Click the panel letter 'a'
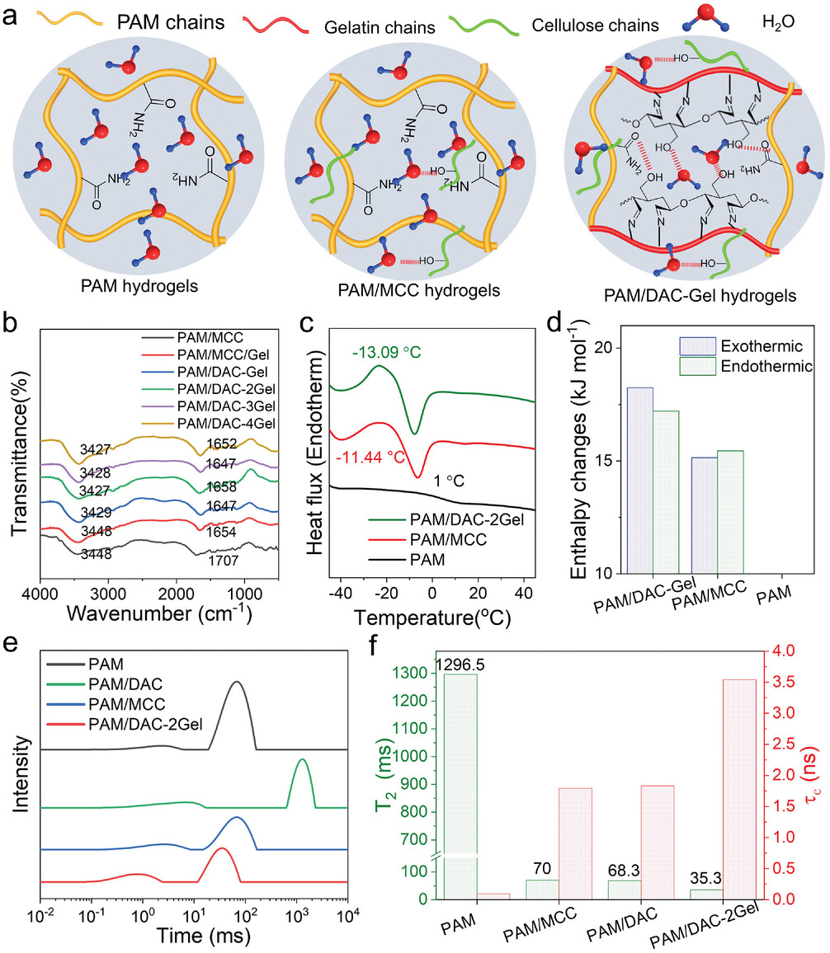pyautogui.click(x=14, y=15)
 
